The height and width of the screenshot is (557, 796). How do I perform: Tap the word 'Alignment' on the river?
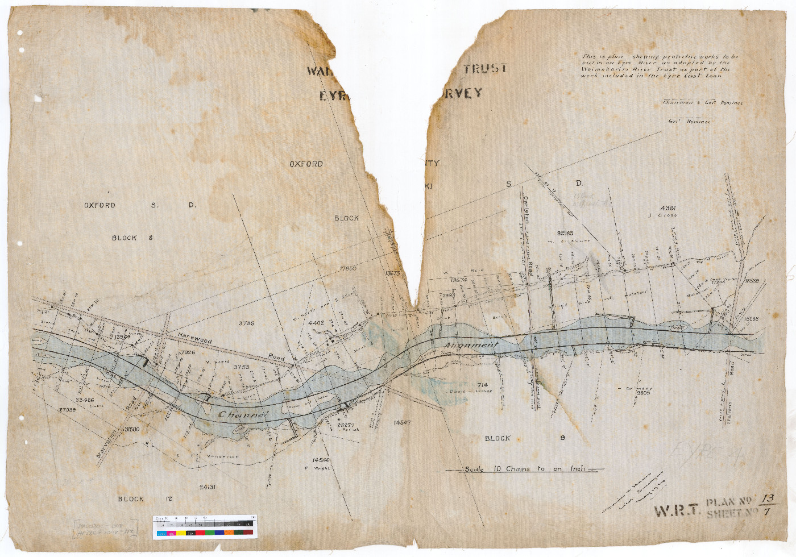tap(471, 346)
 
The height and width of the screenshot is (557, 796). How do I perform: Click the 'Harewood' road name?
tap(194, 339)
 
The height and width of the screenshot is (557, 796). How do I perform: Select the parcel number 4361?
tap(669, 208)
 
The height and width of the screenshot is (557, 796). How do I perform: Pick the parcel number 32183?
tap(565, 233)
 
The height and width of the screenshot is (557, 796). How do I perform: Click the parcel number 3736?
tap(246, 323)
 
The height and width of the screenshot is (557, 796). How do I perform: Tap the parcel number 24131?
tap(208, 487)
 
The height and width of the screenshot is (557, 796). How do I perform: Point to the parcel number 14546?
tap(321, 459)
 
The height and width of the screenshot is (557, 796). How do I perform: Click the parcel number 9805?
tap(643, 393)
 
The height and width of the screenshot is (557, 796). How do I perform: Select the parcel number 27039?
tap(67, 409)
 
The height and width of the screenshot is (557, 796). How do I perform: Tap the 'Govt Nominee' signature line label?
tap(689, 122)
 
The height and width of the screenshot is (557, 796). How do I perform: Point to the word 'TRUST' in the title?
tap(485, 69)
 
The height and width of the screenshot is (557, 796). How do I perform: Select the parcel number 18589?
tap(751, 281)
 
